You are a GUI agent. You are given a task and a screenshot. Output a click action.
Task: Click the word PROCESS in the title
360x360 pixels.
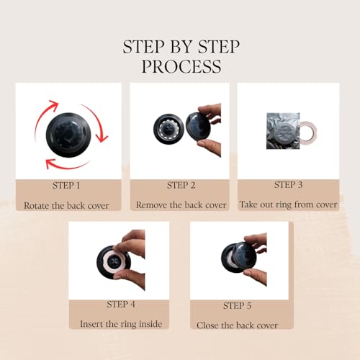point(181,66)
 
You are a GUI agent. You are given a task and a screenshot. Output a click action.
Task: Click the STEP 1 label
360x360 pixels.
point(66,186)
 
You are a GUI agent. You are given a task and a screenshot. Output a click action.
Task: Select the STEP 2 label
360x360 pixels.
point(181,185)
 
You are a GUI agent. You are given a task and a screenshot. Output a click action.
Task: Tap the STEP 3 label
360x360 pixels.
point(288,185)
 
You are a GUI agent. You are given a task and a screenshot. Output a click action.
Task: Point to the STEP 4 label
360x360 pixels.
point(121,305)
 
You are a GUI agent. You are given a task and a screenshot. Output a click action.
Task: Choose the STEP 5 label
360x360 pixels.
point(237,305)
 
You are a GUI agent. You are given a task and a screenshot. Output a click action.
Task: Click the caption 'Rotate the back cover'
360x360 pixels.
point(66,205)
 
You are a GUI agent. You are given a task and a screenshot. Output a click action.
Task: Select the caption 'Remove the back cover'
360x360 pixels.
point(181,205)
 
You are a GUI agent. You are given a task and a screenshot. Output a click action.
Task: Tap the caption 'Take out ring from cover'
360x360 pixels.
point(288,204)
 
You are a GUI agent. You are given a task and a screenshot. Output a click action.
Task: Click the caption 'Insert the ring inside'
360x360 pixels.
point(121,324)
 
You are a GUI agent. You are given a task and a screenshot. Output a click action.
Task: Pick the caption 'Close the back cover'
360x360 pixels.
point(237,325)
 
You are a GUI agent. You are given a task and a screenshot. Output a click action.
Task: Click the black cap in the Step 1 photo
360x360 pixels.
point(68,135)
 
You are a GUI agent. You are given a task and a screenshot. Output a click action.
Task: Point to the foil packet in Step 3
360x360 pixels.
point(283,131)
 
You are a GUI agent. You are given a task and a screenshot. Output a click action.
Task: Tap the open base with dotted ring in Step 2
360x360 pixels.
point(168,129)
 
